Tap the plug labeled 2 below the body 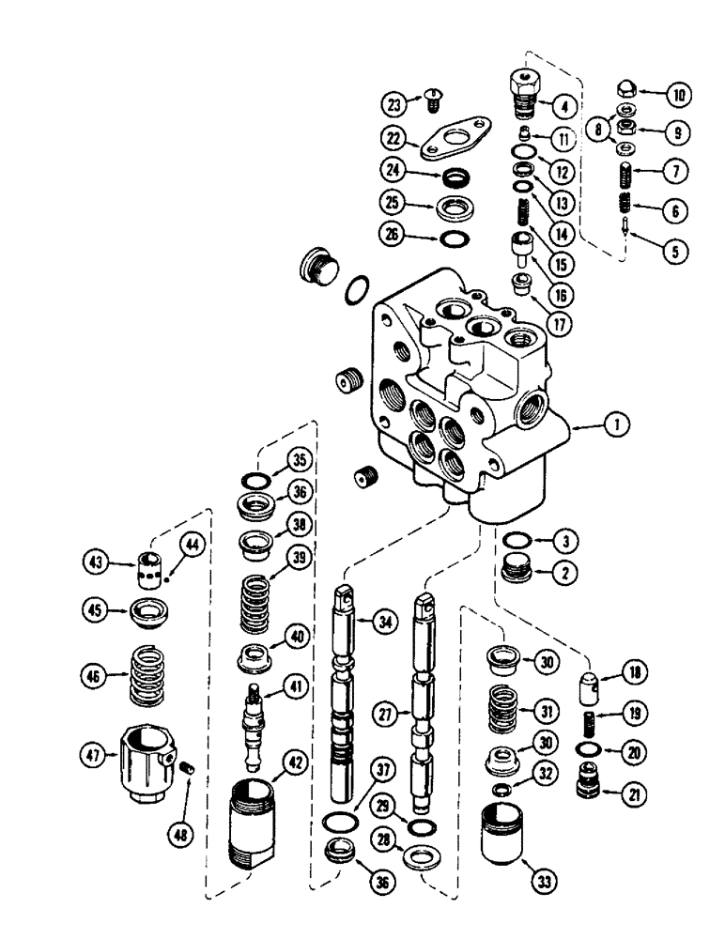click(x=513, y=570)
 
